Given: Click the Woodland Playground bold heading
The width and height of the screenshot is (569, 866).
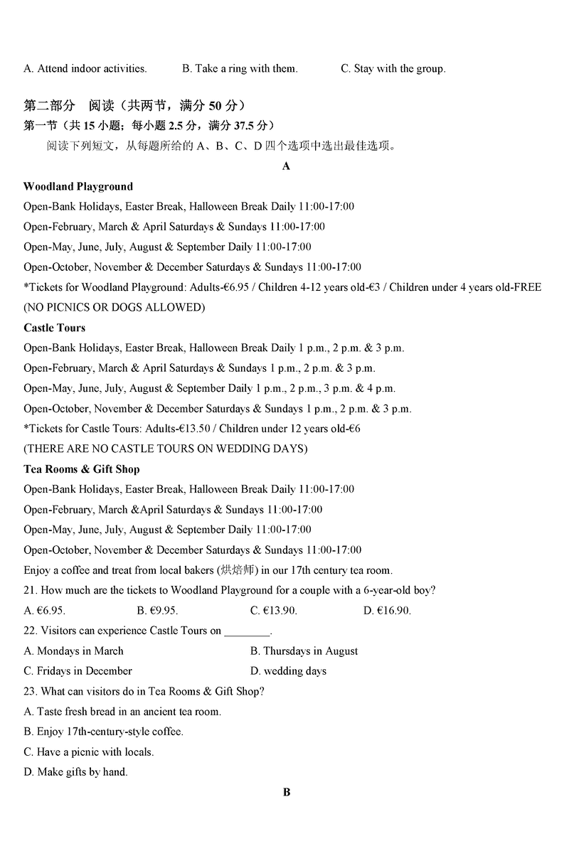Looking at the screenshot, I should pos(78,186).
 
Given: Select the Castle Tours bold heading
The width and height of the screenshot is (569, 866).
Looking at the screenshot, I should pos(54,328).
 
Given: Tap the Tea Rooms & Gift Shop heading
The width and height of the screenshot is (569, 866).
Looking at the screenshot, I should pos(82,469).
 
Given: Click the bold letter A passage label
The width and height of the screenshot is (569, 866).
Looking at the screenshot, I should pos(287,166).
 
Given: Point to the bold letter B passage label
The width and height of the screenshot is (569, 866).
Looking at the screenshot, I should pos(287,792).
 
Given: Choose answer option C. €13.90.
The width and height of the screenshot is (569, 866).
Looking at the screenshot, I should pos(274,610).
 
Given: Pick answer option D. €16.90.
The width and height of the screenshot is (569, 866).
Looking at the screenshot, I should pos(387,610).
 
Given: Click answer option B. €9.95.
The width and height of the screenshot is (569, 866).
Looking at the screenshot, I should pos(156,610).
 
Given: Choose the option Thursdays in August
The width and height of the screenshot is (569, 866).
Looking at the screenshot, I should pos(304,651).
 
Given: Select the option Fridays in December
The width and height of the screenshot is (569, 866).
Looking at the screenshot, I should pos(78,670).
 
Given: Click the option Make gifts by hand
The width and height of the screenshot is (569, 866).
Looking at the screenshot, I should pos(75,771).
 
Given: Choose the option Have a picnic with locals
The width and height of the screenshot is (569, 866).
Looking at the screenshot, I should pos(88,752).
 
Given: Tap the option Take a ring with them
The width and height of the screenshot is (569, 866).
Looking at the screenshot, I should pos(240,69).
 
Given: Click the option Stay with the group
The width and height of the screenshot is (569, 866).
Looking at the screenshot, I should pos(393,69).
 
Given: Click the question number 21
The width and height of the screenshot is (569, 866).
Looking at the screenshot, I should pos(30,590).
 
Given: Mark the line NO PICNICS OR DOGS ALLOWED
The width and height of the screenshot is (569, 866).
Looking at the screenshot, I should pos(114,308).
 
